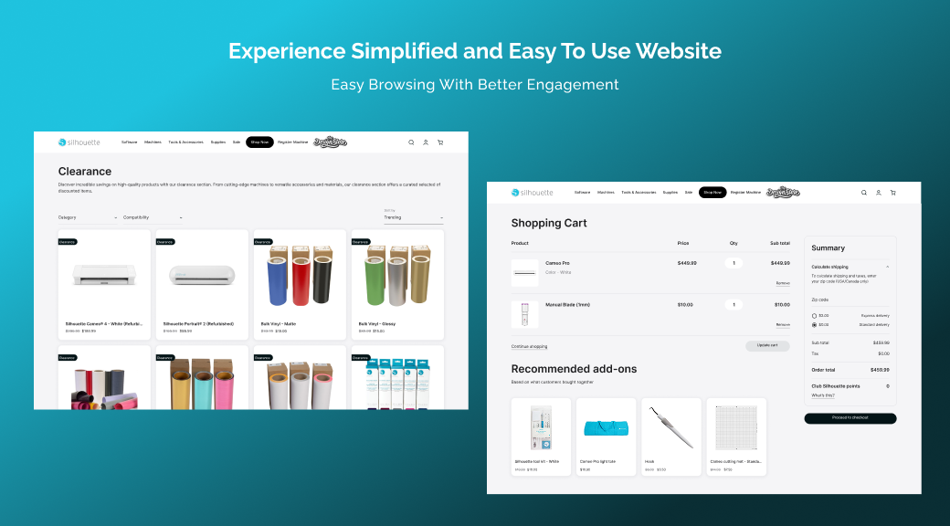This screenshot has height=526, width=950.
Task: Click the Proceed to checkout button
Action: coord(850,418)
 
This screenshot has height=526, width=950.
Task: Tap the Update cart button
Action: coord(767,346)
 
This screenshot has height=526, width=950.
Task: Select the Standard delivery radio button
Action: coord(814,324)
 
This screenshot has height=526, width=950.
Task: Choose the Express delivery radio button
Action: coord(814,316)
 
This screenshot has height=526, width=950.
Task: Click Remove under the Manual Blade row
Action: coord(783,324)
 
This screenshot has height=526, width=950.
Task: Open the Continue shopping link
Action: coord(529,346)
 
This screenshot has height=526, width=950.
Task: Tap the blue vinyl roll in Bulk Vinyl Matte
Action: coord(277,279)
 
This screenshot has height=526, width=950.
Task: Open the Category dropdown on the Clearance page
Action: coord(88,217)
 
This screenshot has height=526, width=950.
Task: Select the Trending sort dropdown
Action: coord(413,217)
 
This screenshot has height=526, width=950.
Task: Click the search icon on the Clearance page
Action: coord(411,142)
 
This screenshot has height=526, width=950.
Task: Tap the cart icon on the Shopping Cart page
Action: coord(892,193)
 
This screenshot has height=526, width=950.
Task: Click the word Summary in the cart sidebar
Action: coord(828,247)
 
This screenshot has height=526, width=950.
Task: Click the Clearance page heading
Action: coord(85,171)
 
